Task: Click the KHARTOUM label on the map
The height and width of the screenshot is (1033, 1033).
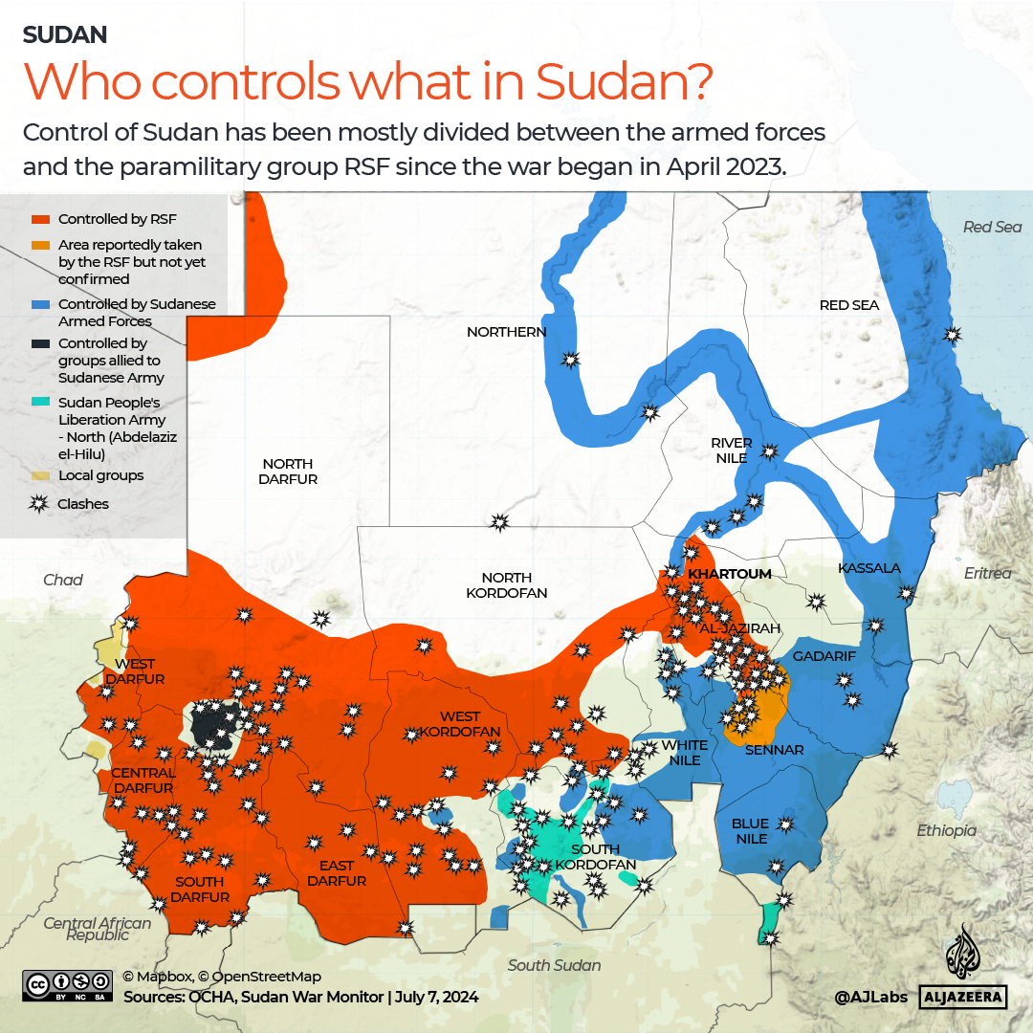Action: coord(730,574)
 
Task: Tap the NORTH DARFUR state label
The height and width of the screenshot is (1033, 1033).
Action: coord(288,471)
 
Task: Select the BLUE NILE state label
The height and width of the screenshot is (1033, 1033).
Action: coord(751,830)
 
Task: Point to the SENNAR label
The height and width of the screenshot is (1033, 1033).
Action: coord(774,750)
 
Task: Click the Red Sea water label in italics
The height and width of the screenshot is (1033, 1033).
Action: coord(992,227)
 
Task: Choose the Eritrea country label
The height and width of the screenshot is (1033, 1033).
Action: coord(987,573)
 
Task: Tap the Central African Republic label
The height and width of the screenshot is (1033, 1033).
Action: coord(97,929)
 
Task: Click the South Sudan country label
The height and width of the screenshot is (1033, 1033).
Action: coord(555,965)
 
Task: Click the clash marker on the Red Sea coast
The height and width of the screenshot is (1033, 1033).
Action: coord(952,335)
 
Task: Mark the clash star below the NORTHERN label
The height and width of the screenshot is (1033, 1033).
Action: coord(571,360)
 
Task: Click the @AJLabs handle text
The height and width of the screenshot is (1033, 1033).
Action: coord(871,997)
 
